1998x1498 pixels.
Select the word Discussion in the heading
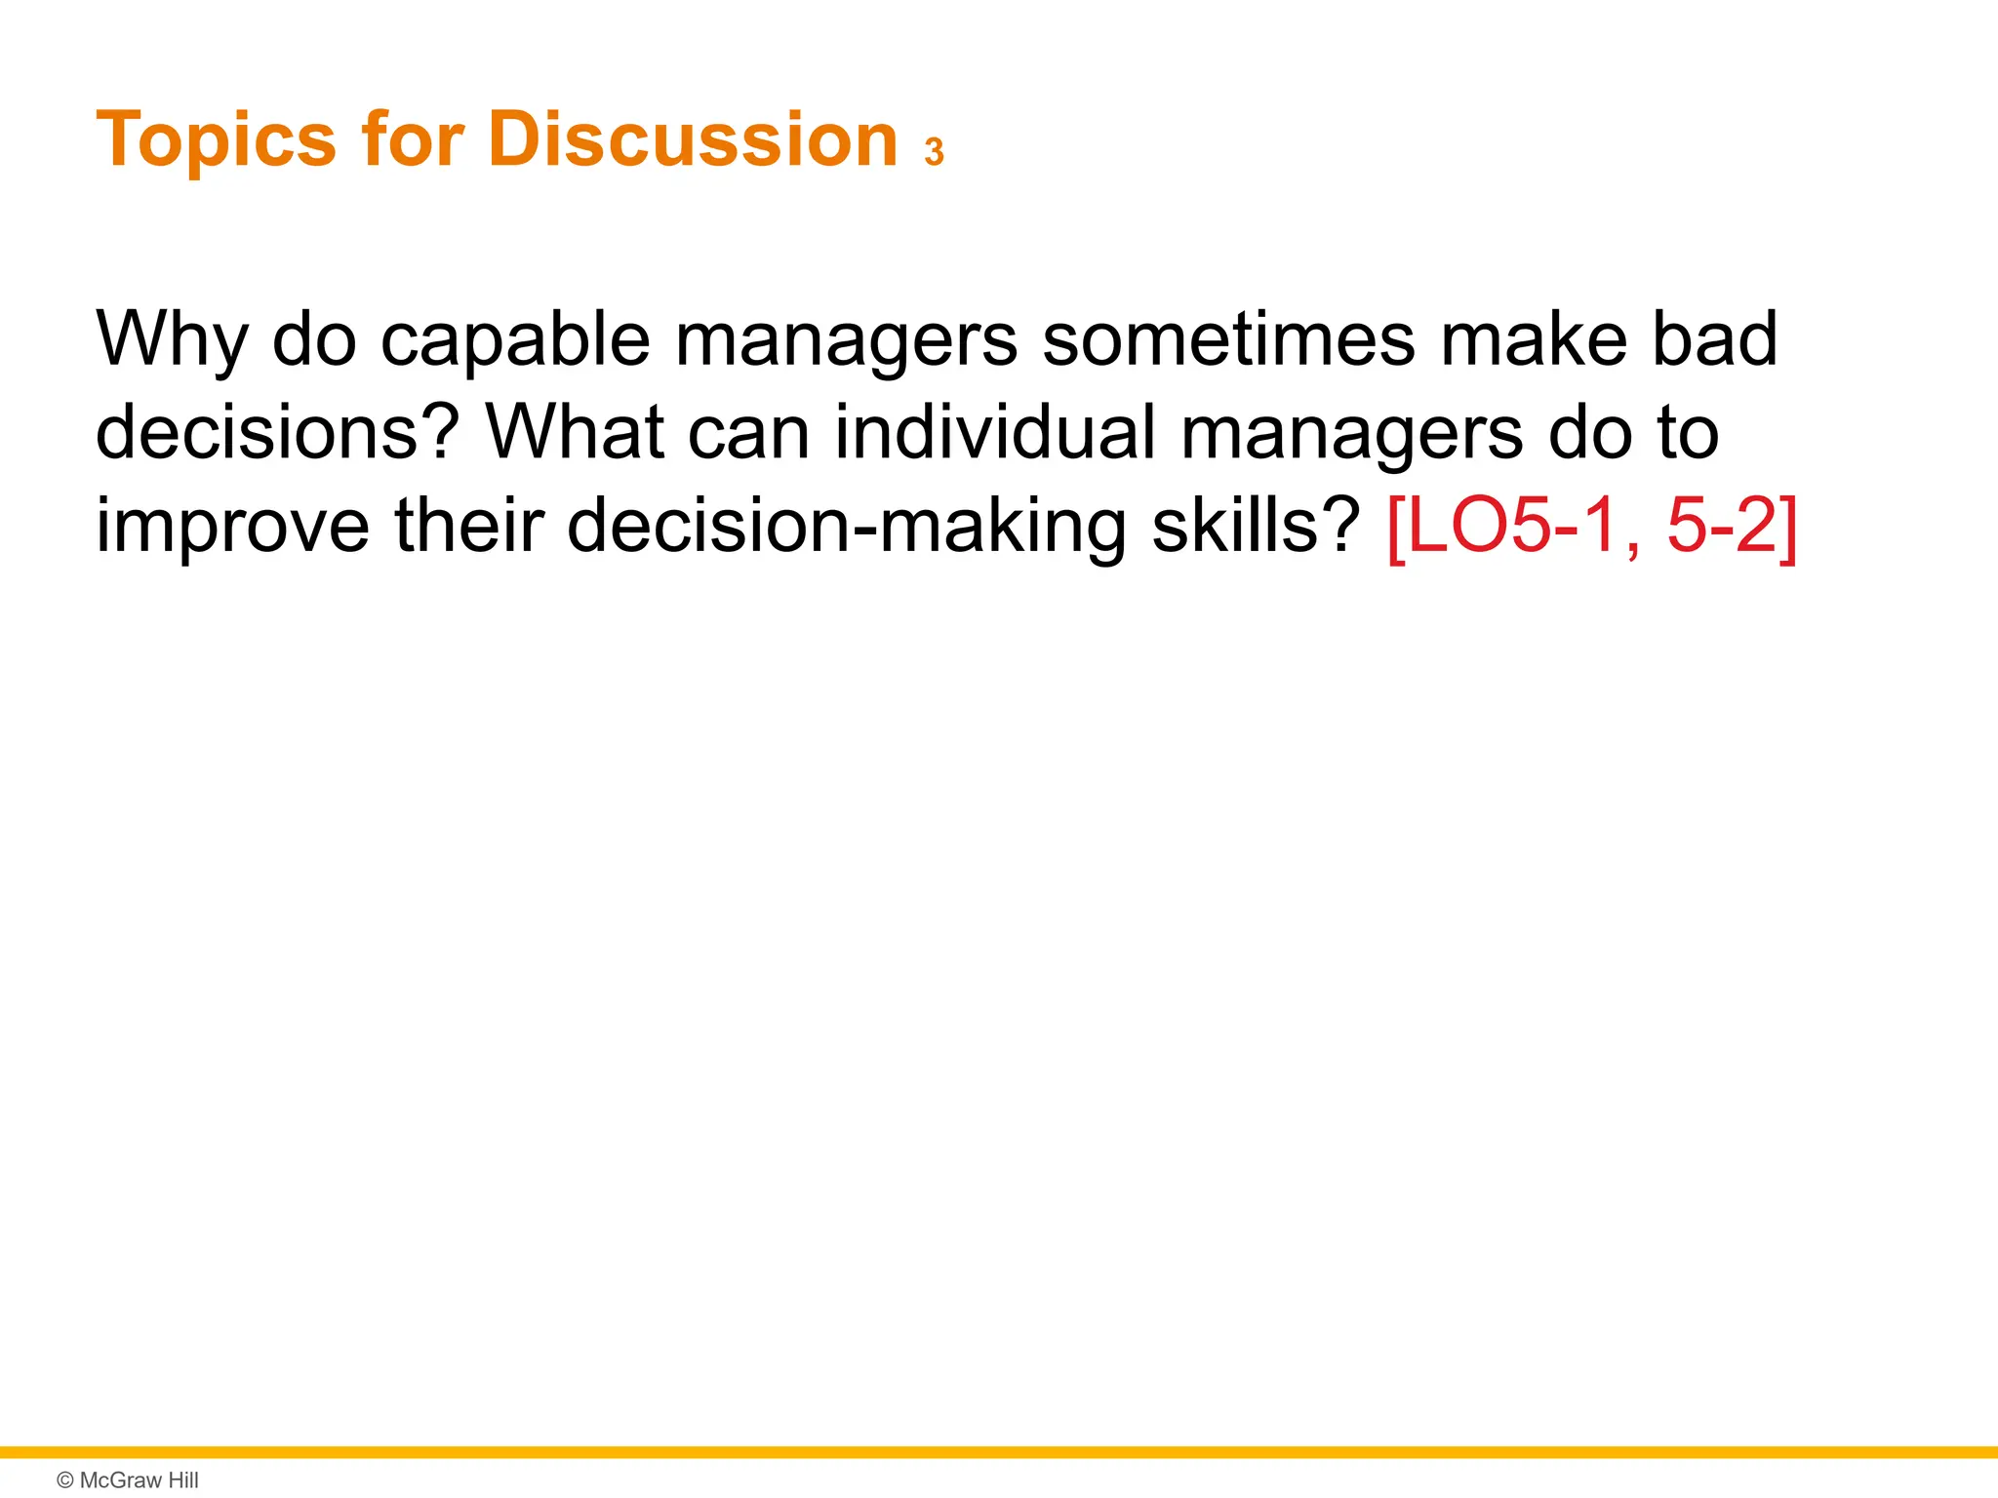click(x=692, y=139)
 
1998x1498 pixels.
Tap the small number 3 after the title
click(x=935, y=153)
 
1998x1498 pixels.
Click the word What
click(x=576, y=433)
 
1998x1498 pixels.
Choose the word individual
click(x=994, y=433)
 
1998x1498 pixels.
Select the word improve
click(x=232, y=526)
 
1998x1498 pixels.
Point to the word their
click(x=467, y=526)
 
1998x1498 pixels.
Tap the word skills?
click(x=1256, y=526)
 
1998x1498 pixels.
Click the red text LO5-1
click(x=1502, y=526)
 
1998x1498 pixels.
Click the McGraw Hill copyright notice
click(x=128, y=1480)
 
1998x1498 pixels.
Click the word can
click(x=748, y=433)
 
